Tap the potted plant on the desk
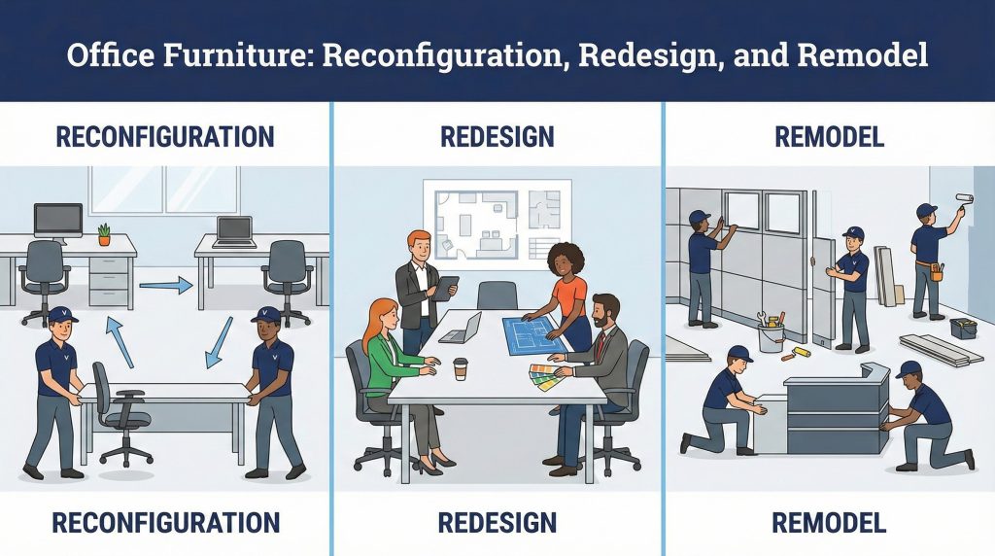104,234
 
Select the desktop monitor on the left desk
58,220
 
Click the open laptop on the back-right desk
233,231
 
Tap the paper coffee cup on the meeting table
461,368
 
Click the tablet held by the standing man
448,288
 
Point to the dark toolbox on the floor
963,328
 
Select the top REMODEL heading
829,137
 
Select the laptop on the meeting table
462,328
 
